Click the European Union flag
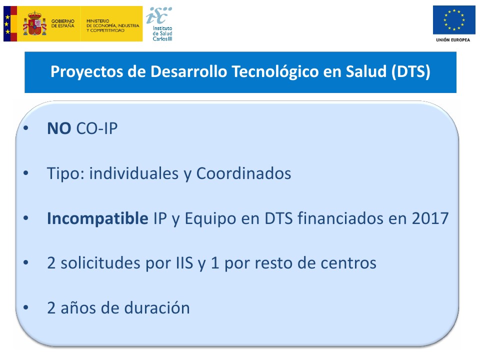[454, 20]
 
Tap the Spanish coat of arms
[34, 23]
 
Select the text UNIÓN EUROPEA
[453, 40]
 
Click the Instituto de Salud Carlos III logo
[159, 24]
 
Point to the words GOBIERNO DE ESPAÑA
[63, 23]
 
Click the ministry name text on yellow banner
[112, 25]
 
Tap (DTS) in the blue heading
[411, 71]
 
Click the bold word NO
[59, 128]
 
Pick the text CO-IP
[96, 128]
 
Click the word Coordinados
[243, 173]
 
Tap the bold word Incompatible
[97, 218]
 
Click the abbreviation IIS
[184, 263]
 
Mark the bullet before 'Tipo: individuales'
[25, 173]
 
